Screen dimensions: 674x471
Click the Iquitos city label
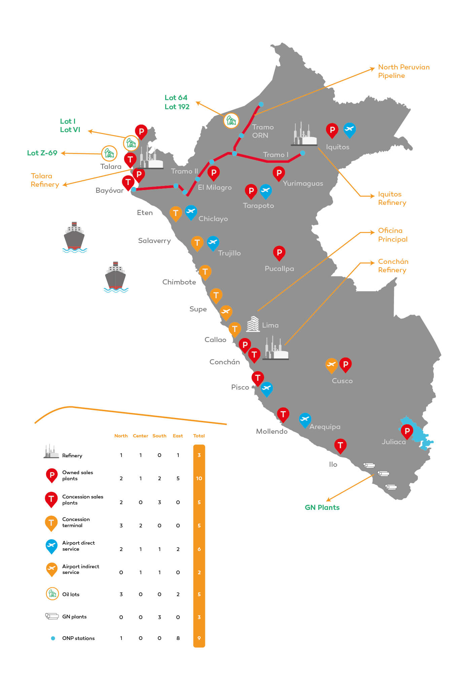pyautogui.click(x=337, y=147)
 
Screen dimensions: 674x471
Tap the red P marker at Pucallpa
pyautogui.click(x=279, y=252)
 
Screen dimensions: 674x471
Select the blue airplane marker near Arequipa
pyautogui.click(x=304, y=419)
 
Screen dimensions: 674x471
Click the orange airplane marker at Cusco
pyautogui.click(x=331, y=365)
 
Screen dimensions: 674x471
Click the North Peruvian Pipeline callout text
pyautogui.click(x=403, y=71)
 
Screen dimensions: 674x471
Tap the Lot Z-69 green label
pyautogui.click(x=42, y=153)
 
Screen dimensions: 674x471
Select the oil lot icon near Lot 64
pyautogui.click(x=231, y=120)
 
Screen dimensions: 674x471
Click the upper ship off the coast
pyautogui.click(x=74, y=238)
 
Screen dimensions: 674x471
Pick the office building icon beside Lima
pyautogui.click(x=253, y=324)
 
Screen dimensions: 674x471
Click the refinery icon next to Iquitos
pyautogui.click(x=304, y=135)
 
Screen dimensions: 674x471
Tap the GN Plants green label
pyautogui.click(x=322, y=508)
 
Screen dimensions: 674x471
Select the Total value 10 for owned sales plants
pyautogui.click(x=199, y=479)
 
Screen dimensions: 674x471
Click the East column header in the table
pyautogui.click(x=178, y=436)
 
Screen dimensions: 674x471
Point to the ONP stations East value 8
pyautogui.click(x=178, y=638)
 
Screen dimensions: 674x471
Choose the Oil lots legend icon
pyautogui.click(x=52, y=594)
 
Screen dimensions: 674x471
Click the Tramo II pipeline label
pyautogui.click(x=184, y=171)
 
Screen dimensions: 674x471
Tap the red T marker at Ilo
pyautogui.click(x=340, y=445)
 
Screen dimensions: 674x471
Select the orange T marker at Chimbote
pyautogui.click(x=205, y=272)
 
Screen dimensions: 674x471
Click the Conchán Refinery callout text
pyautogui.click(x=393, y=266)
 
